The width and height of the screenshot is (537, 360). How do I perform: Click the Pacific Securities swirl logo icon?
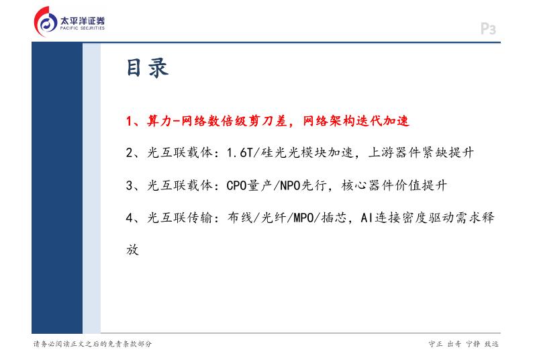coord(46,21)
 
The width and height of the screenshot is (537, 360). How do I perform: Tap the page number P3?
coord(489,29)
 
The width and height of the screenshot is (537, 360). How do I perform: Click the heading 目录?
coord(147,68)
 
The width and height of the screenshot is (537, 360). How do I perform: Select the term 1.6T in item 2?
coord(240,152)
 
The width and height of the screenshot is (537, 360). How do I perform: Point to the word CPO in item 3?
coord(237,185)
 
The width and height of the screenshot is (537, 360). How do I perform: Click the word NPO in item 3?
coord(290,185)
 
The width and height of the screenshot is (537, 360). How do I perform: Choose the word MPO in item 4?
coord(304,218)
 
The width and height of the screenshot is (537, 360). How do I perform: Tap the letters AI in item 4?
coord(367,218)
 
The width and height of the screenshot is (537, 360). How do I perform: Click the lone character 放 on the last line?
coord(132,250)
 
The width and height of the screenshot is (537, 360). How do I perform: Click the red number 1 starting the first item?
coord(129,121)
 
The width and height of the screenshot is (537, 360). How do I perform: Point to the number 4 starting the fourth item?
coord(129,218)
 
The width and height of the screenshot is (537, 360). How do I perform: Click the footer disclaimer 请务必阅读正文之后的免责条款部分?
coord(93,344)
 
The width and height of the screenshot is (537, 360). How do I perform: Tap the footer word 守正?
coord(436,344)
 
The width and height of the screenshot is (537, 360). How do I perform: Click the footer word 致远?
coord(491,344)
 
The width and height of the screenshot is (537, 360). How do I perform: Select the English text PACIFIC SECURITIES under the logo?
coord(82,28)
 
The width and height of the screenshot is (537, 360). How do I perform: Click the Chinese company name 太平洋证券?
coord(82,21)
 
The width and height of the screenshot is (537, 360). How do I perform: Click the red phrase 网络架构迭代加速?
coord(356,121)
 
